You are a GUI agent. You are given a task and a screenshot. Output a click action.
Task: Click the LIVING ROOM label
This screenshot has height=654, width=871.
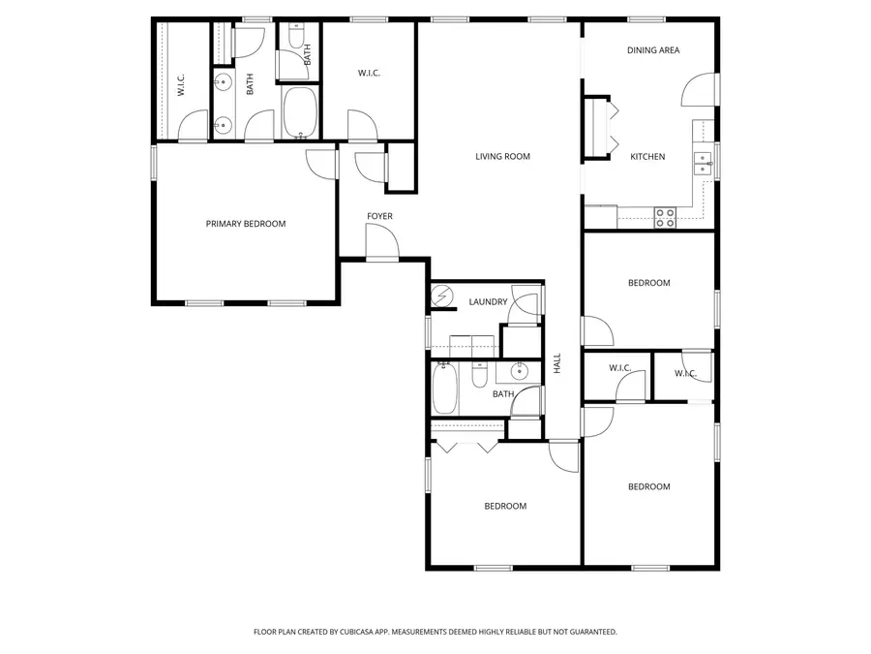click(x=502, y=156)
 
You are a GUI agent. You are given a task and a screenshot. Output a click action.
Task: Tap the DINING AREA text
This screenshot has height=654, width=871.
click(x=653, y=50)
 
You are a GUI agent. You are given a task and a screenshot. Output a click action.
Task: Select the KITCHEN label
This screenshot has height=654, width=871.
click(x=647, y=156)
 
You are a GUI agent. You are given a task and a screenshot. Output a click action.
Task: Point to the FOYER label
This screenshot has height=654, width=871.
click(x=379, y=216)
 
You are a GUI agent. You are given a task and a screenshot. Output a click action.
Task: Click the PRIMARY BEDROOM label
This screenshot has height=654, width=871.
click(x=246, y=224)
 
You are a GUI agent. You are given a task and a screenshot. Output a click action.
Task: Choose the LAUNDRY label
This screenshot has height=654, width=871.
click(x=488, y=301)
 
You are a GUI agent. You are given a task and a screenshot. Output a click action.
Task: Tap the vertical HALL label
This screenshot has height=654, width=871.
click(x=557, y=363)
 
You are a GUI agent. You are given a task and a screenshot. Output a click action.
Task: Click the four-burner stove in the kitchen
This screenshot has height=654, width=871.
click(x=665, y=218)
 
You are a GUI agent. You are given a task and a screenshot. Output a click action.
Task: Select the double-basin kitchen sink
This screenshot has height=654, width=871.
click(x=703, y=161)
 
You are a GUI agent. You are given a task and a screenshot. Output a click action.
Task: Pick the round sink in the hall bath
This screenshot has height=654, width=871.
click(x=518, y=370)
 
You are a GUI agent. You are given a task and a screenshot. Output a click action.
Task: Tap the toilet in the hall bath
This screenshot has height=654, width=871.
click(x=478, y=375)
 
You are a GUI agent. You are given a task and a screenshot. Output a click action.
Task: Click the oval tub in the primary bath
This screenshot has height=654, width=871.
click(x=299, y=110)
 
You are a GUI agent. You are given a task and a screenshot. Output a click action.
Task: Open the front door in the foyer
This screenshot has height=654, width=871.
click(x=381, y=241)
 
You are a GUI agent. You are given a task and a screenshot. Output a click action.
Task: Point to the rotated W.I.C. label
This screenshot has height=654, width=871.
click(x=181, y=85)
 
